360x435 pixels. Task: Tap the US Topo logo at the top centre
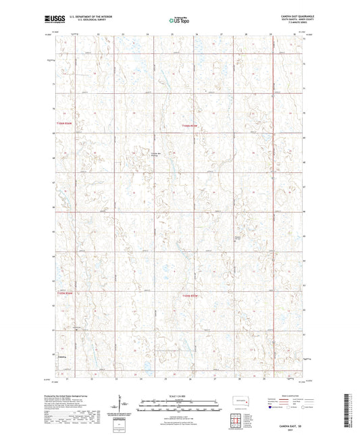coord(179,21)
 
